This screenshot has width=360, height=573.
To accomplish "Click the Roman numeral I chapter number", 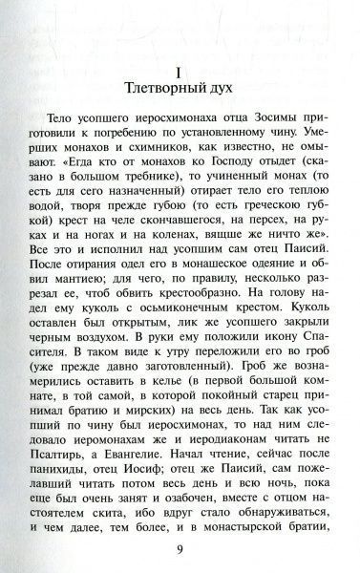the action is (x=180, y=72).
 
